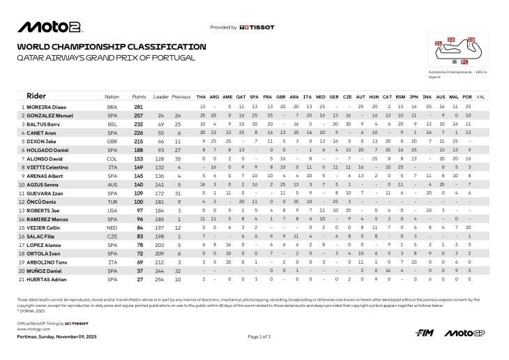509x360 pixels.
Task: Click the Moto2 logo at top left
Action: point(50,27)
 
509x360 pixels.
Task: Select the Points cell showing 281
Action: point(139,106)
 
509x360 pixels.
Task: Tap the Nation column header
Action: point(112,96)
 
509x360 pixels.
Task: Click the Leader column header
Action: point(161,96)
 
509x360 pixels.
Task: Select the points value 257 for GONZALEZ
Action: point(139,114)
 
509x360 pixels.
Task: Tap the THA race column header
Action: point(202,96)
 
